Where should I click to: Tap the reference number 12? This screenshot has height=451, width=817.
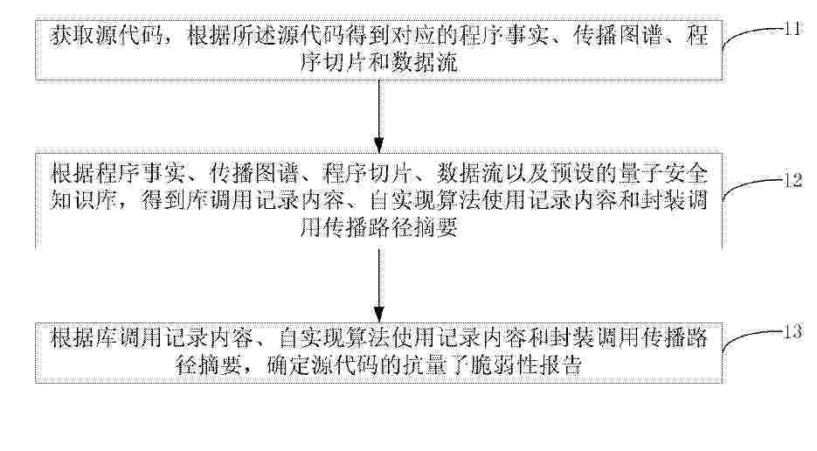[793, 181]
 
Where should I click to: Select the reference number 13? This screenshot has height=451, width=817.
[793, 331]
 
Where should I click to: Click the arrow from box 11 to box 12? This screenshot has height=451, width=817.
[379, 115]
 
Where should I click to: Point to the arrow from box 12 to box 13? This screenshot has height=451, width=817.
[379, 285]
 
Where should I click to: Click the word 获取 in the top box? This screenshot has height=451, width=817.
[73, 37]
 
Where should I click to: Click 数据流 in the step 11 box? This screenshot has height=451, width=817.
[424, 63]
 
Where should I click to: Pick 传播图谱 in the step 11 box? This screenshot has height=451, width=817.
[619, 37]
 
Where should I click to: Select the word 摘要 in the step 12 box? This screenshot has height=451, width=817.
[435, 228]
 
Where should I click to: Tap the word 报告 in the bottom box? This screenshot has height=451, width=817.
[559, 364]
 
